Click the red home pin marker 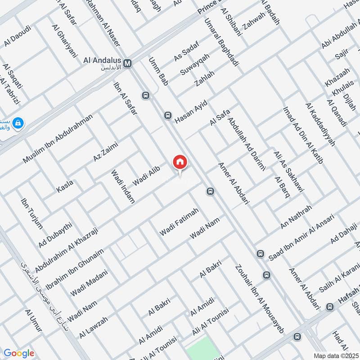tap(180, 162)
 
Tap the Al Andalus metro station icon tap(128, 63)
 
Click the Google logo tap(19, 353)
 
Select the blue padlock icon tap(18, 122)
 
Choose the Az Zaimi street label tap(104, 151)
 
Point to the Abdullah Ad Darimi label tap(247, 143)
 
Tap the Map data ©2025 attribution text tap(336, 355)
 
